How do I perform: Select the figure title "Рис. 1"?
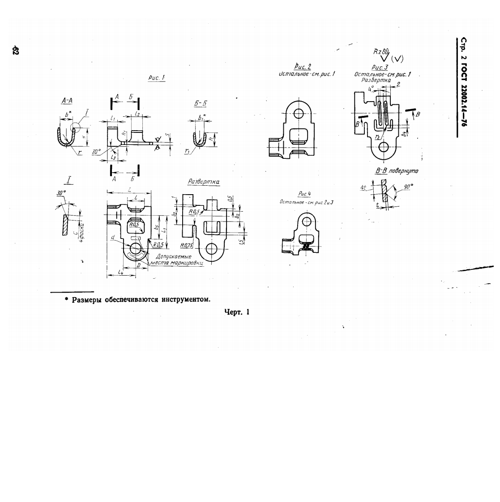pos(157,78)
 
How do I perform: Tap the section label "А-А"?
pos(67,102)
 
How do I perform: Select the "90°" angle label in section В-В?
pos(408,186)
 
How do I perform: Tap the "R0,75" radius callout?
pos(186,246)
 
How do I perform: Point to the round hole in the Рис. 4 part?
pos(307,221)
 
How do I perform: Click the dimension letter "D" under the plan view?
pos(138,266)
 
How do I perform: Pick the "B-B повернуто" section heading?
pos(397,171)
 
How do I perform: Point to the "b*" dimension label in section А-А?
pos(68,115)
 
